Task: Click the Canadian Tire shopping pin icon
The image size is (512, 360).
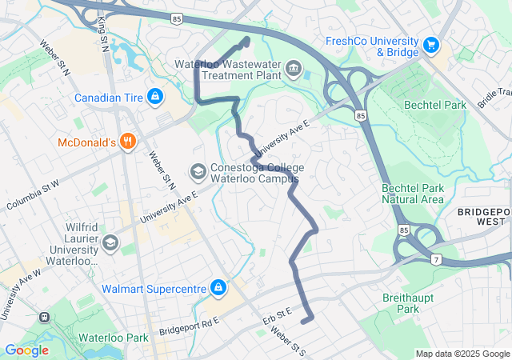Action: point(154,98)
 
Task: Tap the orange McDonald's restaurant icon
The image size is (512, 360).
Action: point(127,142)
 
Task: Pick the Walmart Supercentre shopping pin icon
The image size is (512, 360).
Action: point(218,286)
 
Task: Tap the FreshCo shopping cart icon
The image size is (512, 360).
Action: point(432,45)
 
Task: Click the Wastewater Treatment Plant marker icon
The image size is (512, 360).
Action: point(294,69)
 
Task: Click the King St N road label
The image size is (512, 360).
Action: point(102,34)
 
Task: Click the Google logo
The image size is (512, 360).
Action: point(26,350)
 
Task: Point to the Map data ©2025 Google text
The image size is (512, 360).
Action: point(462,354)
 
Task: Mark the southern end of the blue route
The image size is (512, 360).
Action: point(303,322)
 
